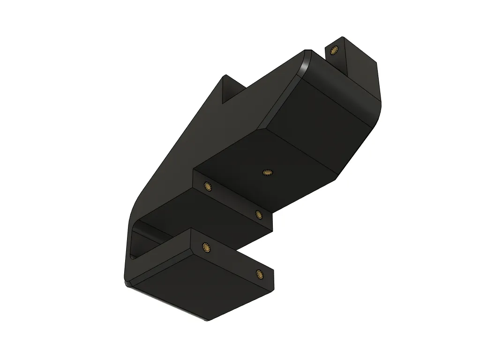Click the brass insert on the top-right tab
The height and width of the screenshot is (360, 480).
(334, 50)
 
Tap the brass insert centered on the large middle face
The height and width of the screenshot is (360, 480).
(267, 172)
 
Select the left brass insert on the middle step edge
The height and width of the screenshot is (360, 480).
(207, 186)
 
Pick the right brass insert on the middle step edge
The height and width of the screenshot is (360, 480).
(258, 214)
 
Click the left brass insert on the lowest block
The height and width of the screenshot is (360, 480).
(206, 247)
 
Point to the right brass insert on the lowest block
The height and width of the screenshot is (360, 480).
(259, 274)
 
